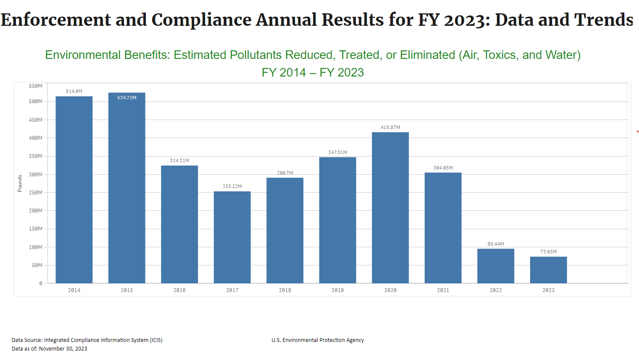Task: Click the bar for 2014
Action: tap(74, 189)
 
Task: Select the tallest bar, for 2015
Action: tap(127, 189)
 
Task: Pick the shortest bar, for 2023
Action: tap(548, 270)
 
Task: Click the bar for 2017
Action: tap(232, 237)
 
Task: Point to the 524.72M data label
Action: tap(127, 98)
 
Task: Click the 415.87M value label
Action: tap(390, 127)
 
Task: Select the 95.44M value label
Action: tap(496, 244)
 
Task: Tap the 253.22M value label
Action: tap(232, 186)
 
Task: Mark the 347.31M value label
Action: tap(337, 152)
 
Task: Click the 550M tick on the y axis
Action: tap(36, 86)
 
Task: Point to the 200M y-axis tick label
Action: tap(36, 211)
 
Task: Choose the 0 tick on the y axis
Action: tap(41, 283)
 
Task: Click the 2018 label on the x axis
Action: tap(285, 290)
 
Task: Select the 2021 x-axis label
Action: tap(443, 290)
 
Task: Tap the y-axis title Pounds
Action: tap(20, 183)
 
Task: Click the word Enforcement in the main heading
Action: tap(56, 20)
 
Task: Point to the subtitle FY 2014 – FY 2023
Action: tap(313, 72)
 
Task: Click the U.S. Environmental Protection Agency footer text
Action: tap(318, 340)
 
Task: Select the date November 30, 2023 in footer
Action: tap(63, 349)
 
